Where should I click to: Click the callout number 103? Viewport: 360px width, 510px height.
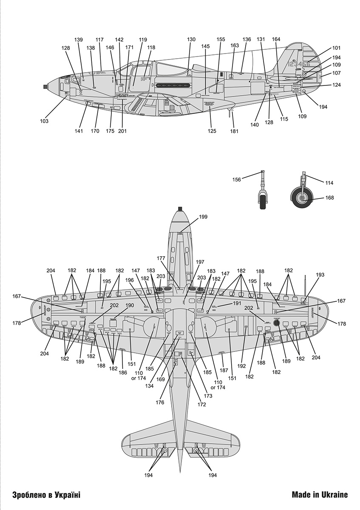[x=45, y=121]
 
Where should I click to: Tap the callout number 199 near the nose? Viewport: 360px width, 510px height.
[x=203, y=217]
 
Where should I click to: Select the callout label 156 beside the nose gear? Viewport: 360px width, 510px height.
[x=236, y=179]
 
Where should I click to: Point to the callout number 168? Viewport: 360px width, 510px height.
[x=330, y=198]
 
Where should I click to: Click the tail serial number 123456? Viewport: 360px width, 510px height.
[x=299, y=64]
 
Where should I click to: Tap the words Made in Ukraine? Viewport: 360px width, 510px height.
[x=320, y=495]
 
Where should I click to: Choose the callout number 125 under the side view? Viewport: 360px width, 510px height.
[x=212, y=131]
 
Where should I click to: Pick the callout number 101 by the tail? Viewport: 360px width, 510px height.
[x=337, y=48]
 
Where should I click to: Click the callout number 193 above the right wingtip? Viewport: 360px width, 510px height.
[x=320, y=275]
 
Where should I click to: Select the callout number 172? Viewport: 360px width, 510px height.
[x=201, y=405]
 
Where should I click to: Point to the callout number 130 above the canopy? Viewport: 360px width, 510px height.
[x=191, y=40]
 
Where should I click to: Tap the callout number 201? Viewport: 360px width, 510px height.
[x=122, y=131]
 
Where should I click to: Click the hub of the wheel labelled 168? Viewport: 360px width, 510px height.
[x=302, y=198]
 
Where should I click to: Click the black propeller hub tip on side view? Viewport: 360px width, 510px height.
[x=45, y=87]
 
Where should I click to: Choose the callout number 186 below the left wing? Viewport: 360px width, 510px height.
[x=122, y=372]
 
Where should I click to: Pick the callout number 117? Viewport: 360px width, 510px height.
[x=99, y=40]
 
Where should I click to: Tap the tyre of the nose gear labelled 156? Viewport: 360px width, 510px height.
[x=264, y=200]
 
